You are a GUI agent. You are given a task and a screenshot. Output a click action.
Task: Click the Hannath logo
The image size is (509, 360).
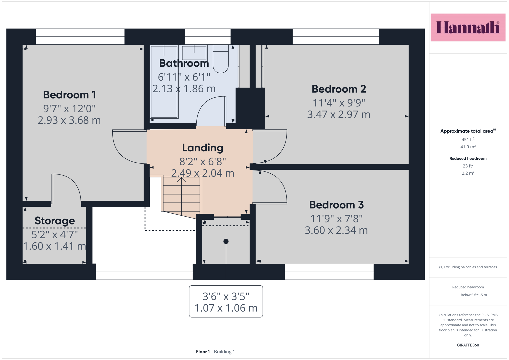pos(468,27)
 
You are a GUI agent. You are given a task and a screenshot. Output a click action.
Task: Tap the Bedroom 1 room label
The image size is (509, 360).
pos(70,95)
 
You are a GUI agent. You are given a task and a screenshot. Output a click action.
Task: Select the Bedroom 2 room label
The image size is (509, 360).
pos(339,89)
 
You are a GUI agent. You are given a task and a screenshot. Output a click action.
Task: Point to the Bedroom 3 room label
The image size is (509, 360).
pos(336,205)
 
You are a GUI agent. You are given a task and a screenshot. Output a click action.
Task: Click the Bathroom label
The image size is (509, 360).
pos(184,63)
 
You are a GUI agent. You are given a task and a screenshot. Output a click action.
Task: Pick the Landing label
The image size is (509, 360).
pos(203,148)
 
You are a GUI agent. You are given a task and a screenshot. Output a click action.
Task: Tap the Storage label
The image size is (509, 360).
pos(55,221)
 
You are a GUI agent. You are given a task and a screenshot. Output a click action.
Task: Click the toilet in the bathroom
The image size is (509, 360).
pos(221,59)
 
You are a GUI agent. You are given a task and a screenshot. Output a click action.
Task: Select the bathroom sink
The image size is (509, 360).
pos(194,53)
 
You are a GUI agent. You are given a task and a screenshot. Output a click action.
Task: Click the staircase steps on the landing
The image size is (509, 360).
pos(182,195)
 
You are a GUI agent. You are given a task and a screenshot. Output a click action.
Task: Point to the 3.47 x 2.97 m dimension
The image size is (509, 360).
pos(339,114)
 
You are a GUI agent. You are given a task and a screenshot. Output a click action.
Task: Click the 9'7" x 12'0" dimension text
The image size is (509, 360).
pos(70,109)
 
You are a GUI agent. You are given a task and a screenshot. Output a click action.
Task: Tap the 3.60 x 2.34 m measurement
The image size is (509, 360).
pos(336,230)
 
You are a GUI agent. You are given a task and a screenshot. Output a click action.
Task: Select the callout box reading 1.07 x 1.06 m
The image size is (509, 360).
pos(226,301)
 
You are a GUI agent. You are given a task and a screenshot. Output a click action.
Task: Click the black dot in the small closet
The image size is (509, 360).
pos(226,241)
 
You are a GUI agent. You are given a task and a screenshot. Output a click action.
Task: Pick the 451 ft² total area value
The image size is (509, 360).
pos(468,139)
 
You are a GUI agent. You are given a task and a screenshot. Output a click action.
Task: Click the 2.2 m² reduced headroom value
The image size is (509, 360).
pos(468,173)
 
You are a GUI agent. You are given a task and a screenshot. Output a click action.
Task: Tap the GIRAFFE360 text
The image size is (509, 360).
pos(468,345)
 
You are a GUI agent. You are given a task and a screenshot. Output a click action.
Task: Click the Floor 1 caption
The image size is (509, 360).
pos(203,352)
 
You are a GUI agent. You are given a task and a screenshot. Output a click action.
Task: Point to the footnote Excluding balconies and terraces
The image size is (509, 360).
pos(468,267)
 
